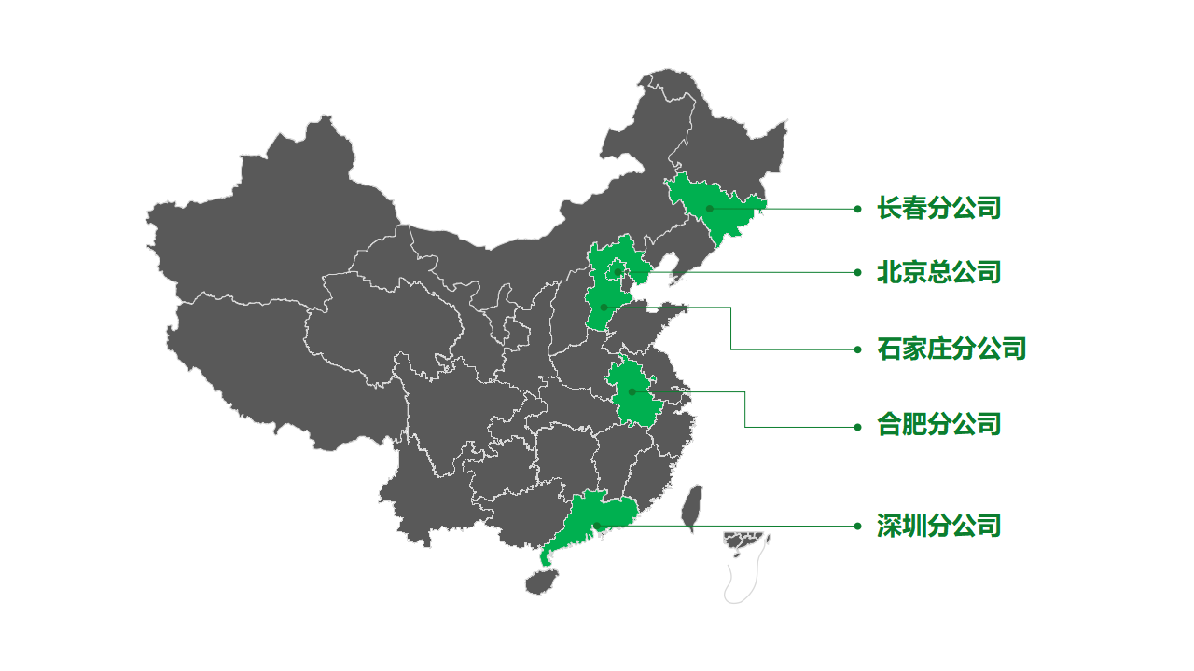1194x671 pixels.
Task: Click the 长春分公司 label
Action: click(x=938, y=208)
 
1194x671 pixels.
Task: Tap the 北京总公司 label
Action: click(x=938, y=272)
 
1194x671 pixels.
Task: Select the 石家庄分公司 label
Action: click(x=951, y=349)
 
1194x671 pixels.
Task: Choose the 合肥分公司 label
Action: click(x=938, y=425)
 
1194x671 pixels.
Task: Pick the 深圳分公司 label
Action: click(x=938, y=526)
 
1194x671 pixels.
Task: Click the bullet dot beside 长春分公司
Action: click(x=857, y=209)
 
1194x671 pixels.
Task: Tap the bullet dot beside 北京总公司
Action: click(x=857, y=272)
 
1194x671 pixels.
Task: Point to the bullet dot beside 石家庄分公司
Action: click(x=857, y=349)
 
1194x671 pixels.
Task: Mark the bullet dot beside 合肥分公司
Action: click(x=857, y=427)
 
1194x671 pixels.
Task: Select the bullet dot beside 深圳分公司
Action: click(x=857, y=526)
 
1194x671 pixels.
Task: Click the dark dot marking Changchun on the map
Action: click(x=709, y=209)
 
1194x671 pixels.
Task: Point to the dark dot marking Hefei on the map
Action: click(x=632, y=391)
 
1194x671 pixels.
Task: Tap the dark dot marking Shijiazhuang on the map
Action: click(x=604, y=307)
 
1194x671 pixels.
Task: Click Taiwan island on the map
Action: click(x=692, y=508)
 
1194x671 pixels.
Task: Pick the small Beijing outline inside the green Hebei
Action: click(x=617, y=271)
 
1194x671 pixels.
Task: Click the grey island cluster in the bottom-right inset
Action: click(x=744, y=541)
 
